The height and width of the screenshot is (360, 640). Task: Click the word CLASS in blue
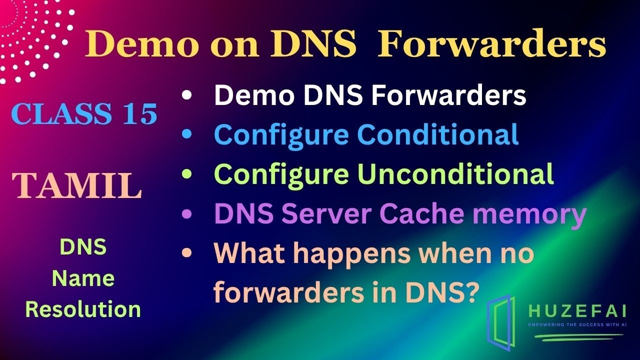pyautogui.click(x=61, y=114)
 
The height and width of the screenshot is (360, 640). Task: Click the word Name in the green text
pyautogui.click(x=83, y=278)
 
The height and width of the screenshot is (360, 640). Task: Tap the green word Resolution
pyautogui.click(x=83, y=309)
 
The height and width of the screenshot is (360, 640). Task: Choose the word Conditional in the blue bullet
pyautogui.click(x=437, y=134)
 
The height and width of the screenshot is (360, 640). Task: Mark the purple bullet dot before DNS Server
pyautogui.click(x=187, y=214)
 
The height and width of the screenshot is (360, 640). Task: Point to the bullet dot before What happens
pyautogui.click(x=187, y=254)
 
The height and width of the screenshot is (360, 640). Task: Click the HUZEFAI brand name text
pyautogui.click(x=577, y=311)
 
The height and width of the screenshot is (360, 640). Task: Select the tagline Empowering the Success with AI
pyautogui.click(x=577, y=325)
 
